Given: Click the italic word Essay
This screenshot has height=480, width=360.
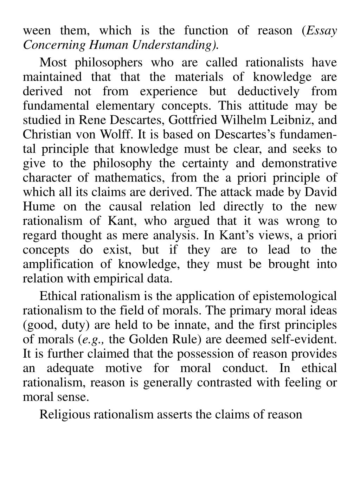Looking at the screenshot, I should click(x=322, y=31).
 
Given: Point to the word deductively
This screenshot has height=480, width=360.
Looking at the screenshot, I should click(x=268, y=91).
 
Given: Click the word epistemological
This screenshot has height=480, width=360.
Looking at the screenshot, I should click(x=294, y=296).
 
